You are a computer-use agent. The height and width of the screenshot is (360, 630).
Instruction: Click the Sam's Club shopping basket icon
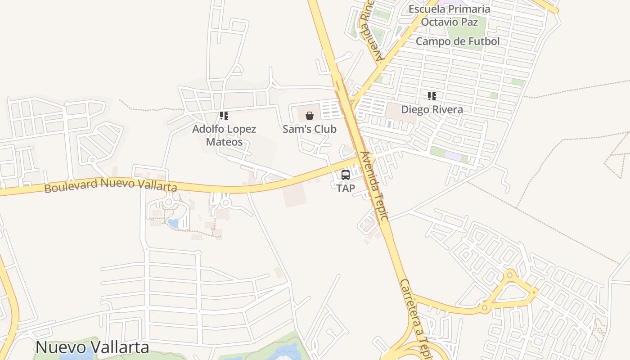(310, 116)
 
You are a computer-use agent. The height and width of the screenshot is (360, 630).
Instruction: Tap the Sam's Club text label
(310, 129)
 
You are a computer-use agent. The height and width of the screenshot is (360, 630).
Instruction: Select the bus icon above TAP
(346, 175)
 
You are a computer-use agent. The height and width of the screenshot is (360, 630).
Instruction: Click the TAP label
(346, 189)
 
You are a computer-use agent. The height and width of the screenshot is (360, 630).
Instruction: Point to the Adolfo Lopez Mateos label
(224, 135)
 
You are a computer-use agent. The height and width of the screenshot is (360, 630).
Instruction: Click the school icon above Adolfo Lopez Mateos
(224, 116)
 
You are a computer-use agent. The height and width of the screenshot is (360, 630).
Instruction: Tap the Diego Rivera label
(432, 109)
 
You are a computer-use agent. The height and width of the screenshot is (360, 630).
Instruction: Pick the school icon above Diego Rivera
(432, 96)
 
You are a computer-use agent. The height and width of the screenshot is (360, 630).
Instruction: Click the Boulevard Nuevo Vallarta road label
(111, 184)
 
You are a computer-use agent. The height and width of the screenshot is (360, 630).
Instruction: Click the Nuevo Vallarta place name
(92, 347)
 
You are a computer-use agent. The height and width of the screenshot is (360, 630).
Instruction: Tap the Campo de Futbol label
(458, 41)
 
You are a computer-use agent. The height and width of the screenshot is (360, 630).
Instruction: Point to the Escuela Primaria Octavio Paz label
(450, 15)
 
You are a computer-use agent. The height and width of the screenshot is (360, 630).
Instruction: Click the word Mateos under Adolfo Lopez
(224, 142)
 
